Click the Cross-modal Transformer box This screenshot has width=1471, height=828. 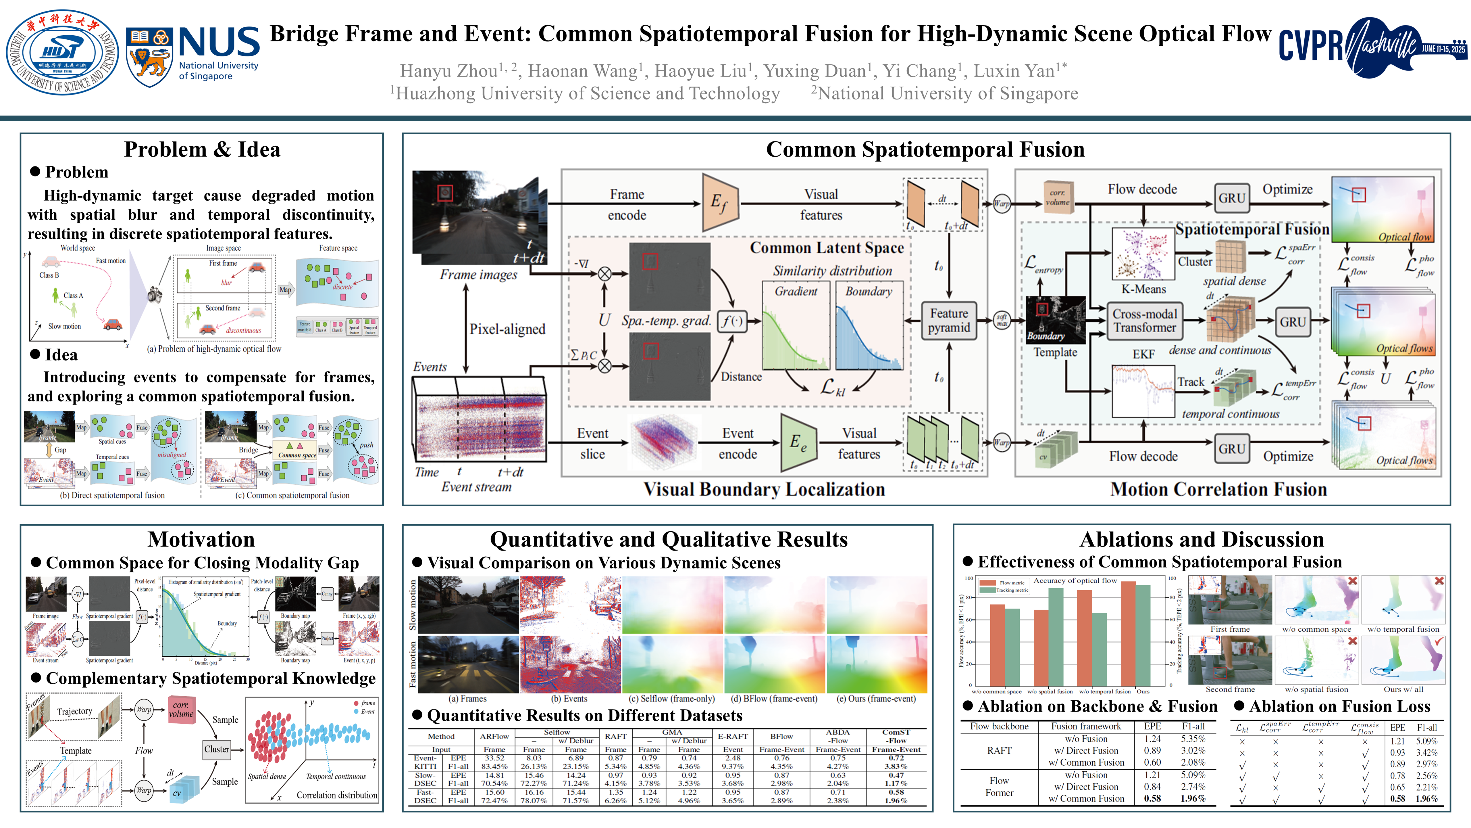pos(1144,321)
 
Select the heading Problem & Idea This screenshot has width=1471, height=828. pos(202,150)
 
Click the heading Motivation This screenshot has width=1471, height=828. pos(201,539)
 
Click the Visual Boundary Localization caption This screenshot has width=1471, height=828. pos(764,489)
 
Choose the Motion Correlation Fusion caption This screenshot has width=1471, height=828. pos(1218,489)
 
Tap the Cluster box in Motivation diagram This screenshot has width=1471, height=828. pos(216,749)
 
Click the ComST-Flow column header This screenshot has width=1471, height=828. pos(896,736)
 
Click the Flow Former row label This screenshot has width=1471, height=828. pos(999,786)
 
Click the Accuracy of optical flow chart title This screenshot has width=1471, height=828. pos(1075,580)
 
